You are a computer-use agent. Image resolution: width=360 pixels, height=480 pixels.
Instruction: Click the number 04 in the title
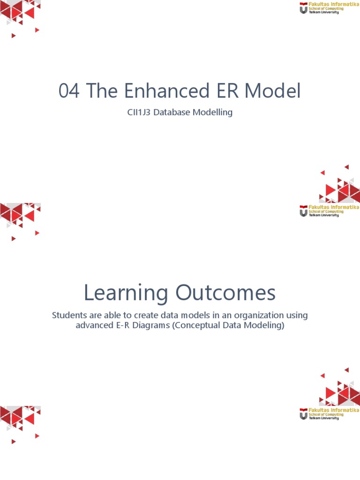click(69, 91)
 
